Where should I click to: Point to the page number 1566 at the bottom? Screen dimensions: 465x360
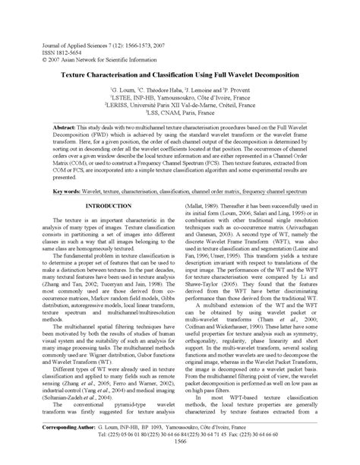[180, 462]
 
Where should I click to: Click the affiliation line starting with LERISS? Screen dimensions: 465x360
[180, 104]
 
